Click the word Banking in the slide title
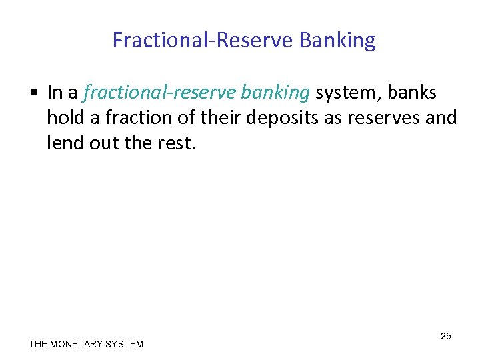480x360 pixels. point(337,41)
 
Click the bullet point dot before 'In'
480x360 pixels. point(33,93)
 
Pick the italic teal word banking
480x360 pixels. point(277,93)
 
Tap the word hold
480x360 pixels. point(63,118)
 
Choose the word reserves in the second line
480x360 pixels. point(382,118)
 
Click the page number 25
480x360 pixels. point(445,336)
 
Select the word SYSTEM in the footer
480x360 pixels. point(125,344)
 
